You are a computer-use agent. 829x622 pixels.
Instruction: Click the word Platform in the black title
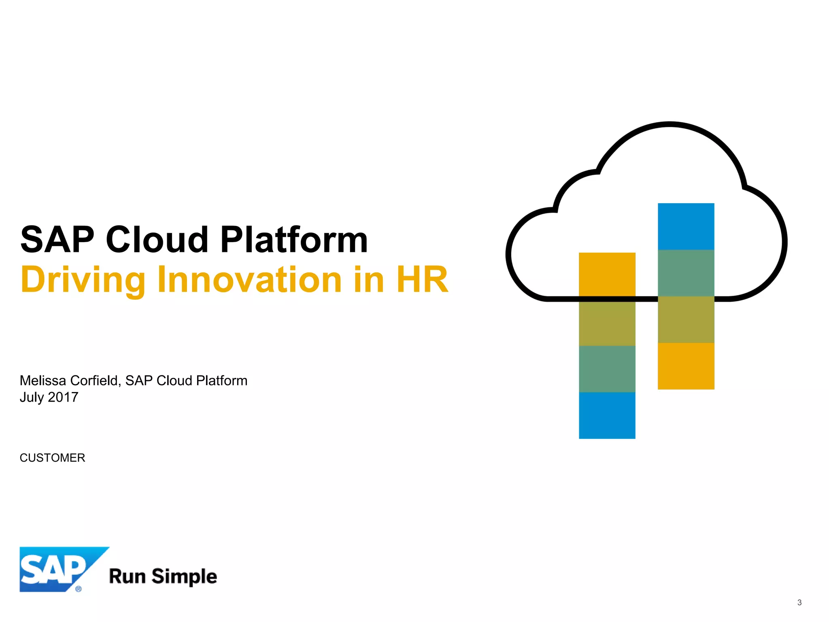294,240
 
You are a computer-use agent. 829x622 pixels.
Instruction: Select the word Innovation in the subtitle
250,280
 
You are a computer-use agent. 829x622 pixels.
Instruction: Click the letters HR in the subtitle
422,280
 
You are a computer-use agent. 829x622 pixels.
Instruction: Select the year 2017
63,397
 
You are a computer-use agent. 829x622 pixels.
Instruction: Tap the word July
32,397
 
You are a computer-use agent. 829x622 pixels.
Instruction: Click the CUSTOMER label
52,458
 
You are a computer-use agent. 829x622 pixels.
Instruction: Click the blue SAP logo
57,569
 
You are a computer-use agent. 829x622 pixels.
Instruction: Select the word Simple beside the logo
184,577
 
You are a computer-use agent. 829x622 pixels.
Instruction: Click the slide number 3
799,603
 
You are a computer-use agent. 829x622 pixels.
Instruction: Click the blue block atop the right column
686,226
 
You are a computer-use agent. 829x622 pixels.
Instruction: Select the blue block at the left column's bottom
607,415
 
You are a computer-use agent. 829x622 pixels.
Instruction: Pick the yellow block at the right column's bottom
686,366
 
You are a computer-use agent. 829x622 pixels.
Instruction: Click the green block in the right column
686,273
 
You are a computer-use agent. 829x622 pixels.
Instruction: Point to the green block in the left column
607,369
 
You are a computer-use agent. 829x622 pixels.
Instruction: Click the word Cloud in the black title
157,240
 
